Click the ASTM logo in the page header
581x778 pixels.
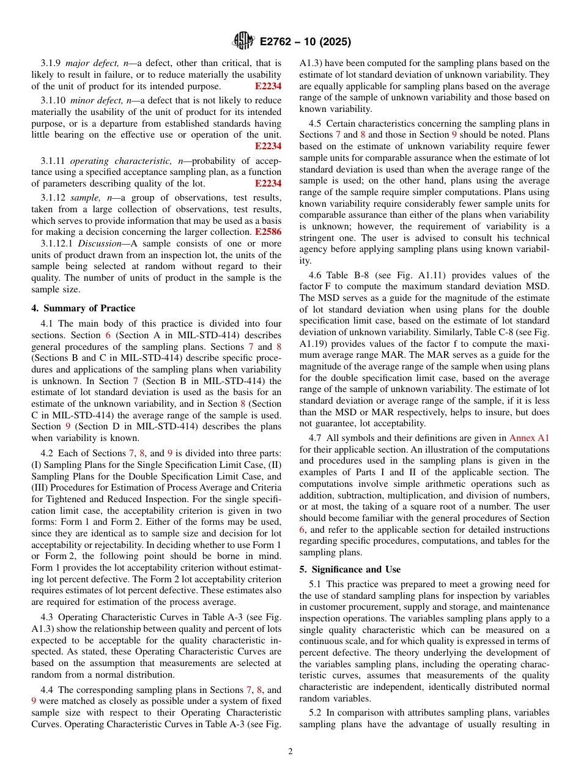coord(243,42)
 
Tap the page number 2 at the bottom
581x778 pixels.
coord(290,752)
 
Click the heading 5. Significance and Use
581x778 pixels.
coord(350,569)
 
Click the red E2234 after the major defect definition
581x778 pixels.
coord(268,86)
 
